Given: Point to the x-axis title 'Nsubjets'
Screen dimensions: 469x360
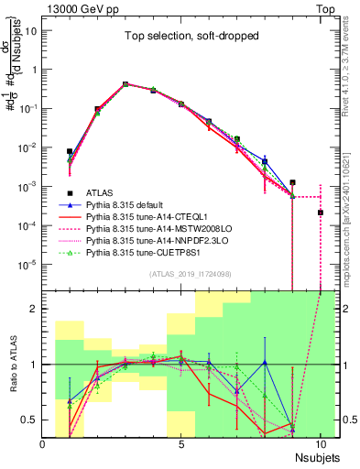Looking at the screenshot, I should coord(317,455).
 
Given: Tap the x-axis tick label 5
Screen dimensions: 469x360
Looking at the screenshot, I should coord(182,443).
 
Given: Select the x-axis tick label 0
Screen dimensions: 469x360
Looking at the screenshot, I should coord(43,443).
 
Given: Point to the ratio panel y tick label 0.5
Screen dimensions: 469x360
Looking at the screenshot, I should coord(30,420).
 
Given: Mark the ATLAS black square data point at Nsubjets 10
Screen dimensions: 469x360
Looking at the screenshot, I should coord(320,213).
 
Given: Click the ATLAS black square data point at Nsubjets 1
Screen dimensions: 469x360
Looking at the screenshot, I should coord(70,151).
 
